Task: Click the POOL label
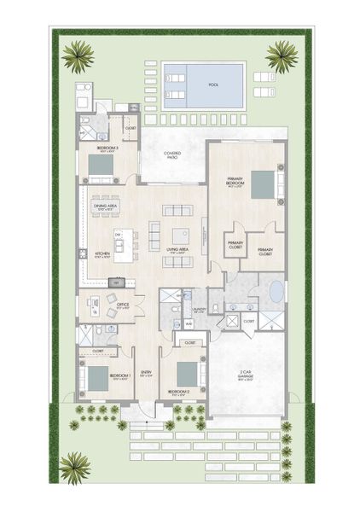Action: click(x=214, y=84)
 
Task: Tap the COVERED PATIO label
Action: click(x=172, y=156)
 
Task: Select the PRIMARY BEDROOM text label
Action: click(x=235, y=182)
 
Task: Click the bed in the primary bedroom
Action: click(x=263, y=184)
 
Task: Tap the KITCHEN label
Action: click(x=102, y=253)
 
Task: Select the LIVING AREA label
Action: click(x=178, y=250)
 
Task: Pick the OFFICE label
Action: click(x=123, y=306)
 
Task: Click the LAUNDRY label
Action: click(x=199, y=311)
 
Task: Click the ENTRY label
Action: click(x=146, y=372)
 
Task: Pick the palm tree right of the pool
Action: click(x=282, y=56)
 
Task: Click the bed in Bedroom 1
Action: click(x=96, y=376)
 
